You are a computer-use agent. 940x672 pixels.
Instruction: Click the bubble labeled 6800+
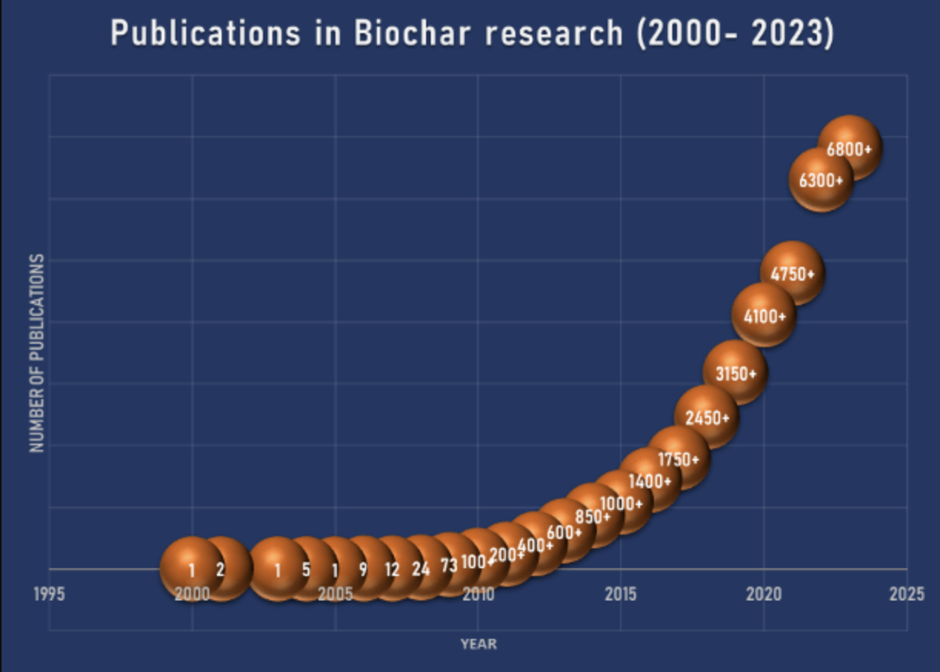[x=849, y=148]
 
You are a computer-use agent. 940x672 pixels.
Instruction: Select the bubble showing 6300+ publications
[x=821, y=180]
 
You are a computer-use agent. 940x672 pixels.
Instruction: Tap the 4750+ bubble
[x=792, y=273]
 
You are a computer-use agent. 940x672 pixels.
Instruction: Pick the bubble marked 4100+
[x=764, y=315]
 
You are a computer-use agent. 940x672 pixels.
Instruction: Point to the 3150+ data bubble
[x=735, y=373]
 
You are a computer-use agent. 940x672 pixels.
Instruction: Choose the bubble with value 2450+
[x=707, y=418]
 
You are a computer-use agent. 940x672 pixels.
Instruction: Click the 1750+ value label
[x=678, y=460]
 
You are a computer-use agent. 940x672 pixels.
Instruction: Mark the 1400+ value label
[x=650, y=481]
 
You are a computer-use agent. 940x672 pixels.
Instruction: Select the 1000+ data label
[x=622, y=504]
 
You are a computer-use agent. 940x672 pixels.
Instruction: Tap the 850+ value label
[x=593, y=517]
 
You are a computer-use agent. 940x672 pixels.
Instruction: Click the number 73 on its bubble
[x=449, y=564]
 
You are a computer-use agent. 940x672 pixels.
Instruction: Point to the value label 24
[x=421, y=570]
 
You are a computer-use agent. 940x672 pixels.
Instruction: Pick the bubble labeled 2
[x=221, y=570]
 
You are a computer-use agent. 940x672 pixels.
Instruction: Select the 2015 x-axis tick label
[x=621, y=594]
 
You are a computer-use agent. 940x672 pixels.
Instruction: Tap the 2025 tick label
[x=907, y=594]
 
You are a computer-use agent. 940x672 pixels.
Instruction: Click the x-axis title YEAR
[x=478, y=644]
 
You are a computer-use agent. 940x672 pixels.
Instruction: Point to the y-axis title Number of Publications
[x=37, y=354]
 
